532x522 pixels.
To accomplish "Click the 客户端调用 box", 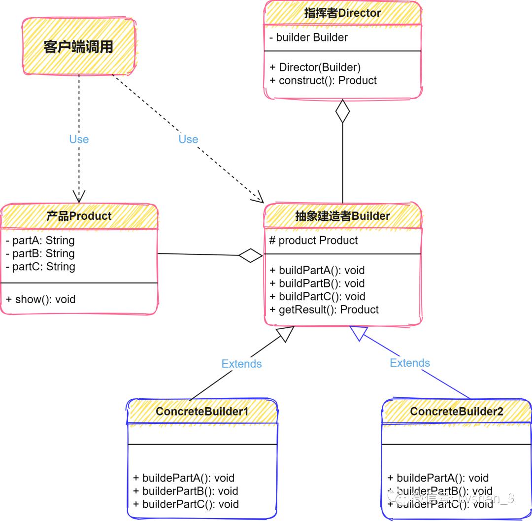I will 79,47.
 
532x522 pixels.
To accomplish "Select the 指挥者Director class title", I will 342,13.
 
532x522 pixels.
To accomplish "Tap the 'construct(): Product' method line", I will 324,80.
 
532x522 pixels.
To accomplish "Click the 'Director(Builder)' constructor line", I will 316,68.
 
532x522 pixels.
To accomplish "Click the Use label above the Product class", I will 79,139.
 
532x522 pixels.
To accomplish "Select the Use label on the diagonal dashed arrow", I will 188,139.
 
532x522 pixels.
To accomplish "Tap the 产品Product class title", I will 79,216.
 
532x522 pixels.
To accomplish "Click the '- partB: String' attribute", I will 40,253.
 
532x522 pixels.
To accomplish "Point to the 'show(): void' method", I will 41,299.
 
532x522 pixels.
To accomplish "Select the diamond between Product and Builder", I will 251,255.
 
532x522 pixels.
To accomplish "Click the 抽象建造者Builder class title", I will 342,216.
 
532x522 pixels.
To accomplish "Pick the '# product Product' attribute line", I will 314,241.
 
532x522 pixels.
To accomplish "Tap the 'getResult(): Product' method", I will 325,310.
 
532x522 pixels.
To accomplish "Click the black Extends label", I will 241,364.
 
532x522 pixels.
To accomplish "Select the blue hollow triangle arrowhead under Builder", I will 359,334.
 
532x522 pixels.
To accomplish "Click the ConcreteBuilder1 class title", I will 202,411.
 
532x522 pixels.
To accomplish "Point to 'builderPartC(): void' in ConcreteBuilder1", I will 186,504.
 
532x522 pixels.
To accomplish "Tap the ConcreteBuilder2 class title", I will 456,411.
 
